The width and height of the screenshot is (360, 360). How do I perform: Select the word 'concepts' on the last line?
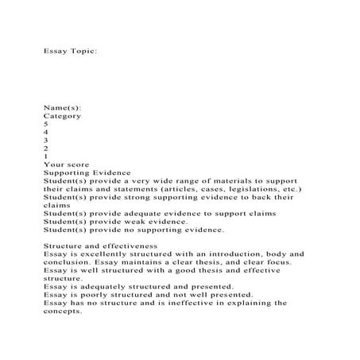63,311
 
